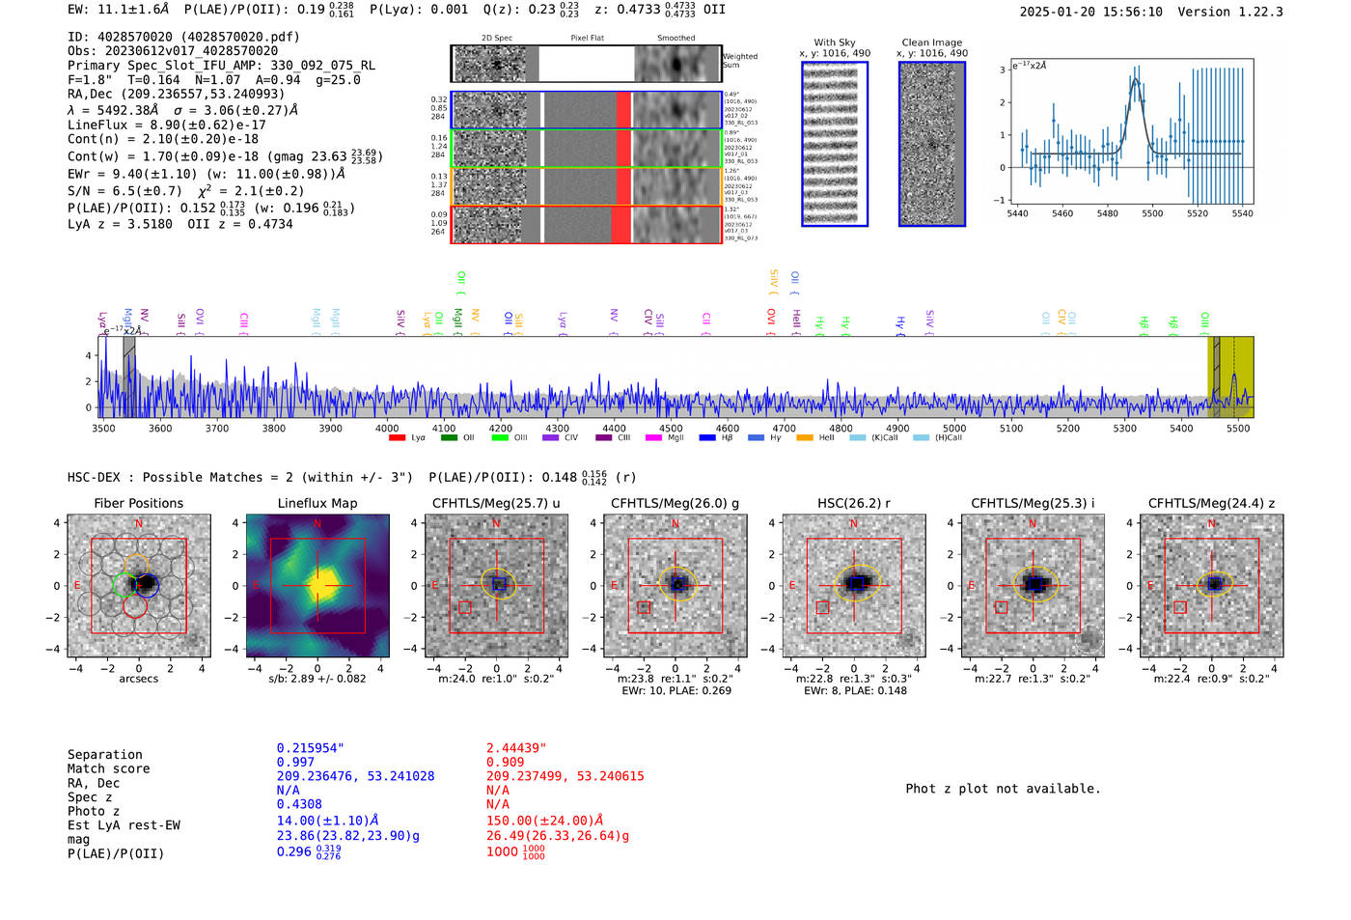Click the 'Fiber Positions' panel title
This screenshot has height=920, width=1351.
coord(138,503)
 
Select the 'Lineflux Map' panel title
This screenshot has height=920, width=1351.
coord(317,503)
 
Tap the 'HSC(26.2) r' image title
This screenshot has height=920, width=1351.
coord(853,503)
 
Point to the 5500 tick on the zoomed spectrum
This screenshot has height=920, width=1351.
coord(1152,213)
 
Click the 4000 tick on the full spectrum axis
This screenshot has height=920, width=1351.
coord(387,429)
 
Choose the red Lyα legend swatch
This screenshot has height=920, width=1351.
coord(397,438)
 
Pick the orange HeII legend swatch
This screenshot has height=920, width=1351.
coord(804,438)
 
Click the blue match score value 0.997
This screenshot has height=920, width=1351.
coord(295,763)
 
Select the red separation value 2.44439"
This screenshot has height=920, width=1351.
coord(516,748)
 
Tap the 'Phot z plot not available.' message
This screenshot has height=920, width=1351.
coord(1003,789)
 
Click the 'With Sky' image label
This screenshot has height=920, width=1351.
coord(835,42)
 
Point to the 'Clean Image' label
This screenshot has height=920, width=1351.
coord(932,42)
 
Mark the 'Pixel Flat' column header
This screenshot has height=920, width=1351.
coord(587,39)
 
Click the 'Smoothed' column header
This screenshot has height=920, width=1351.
coord(675,39)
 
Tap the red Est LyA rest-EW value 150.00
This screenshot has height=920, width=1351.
coord(544,821)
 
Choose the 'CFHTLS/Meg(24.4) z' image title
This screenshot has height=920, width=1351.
coord(1211,503)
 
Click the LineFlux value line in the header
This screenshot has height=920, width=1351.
coord(166,125)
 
